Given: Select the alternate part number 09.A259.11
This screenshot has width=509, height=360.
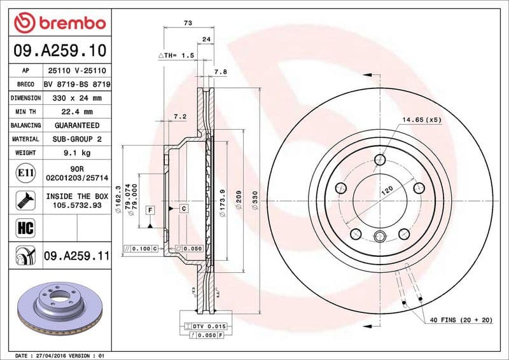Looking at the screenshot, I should (76, 256).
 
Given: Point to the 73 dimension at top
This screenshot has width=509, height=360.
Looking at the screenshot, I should (188, 23).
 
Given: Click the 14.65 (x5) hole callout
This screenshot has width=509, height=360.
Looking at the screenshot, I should (421, 120).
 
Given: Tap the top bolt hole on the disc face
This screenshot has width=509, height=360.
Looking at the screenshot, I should (380, 160).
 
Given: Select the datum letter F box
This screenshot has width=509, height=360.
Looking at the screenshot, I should (150, 209).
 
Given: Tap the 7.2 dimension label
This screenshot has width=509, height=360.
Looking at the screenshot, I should (179, 116).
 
